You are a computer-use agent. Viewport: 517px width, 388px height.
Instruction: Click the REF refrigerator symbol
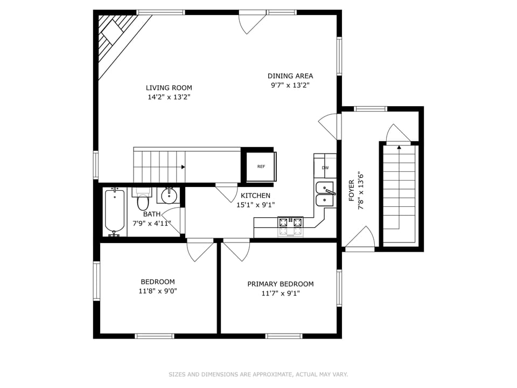coord(261,167)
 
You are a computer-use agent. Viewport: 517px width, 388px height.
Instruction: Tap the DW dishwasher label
coord(325,168)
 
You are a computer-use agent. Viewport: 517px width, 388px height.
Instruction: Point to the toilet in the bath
coord(143,200)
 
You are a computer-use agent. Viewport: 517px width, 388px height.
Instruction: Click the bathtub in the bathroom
coord(114,212)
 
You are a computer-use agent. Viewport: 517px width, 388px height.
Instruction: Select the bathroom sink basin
coord(169,195)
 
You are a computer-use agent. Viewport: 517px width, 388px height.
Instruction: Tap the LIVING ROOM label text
coord(169,88)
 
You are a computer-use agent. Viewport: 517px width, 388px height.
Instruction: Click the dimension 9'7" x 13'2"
coord(290,85)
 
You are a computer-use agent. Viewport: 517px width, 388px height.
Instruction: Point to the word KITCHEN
coord(255,196)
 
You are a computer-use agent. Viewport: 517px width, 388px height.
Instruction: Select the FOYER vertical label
coord(351,191)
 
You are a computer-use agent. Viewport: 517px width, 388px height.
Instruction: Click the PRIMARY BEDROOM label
coord(280,284)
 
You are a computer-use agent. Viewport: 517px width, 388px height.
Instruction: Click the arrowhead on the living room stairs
coord(183,167)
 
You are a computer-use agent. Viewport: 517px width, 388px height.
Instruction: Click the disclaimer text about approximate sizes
coord(258,374)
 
